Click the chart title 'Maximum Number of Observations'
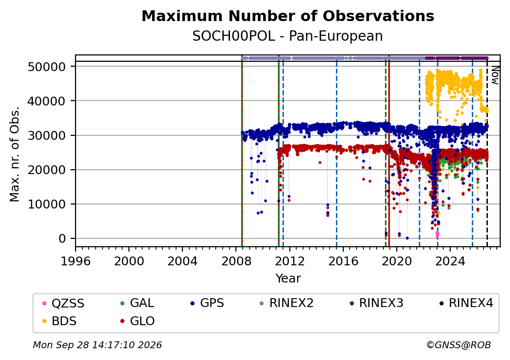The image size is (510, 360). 288,16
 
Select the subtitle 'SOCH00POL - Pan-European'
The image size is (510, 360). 287,36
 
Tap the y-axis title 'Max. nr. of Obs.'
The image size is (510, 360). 14,154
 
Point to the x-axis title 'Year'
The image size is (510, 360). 288,279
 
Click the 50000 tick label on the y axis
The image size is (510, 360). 47,67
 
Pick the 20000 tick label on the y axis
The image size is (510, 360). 47,170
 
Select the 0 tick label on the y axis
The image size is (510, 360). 62,239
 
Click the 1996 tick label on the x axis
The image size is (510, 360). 76,261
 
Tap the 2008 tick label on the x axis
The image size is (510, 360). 236,261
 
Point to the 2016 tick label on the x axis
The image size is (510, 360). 343,261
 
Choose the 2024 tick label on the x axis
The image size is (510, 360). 450,261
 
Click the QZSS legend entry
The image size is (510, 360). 63,304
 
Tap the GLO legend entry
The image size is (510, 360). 137,321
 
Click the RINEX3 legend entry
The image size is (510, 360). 376,303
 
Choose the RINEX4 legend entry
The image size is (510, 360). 466,303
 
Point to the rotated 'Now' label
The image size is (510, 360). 495,75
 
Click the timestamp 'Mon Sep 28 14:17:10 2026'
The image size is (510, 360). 98,345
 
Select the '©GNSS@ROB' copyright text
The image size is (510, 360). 459,345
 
